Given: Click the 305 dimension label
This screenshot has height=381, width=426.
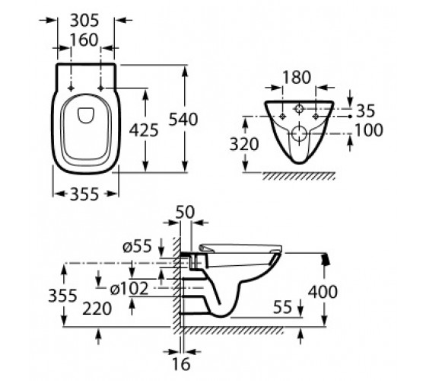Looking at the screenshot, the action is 84,21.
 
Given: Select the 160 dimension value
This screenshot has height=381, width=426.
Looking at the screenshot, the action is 84,40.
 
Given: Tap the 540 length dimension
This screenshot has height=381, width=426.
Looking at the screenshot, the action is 183,119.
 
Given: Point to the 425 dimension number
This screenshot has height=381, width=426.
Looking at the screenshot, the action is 144,130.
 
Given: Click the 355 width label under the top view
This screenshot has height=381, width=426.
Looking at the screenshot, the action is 84,194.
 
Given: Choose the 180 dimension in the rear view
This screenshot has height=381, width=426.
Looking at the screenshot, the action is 297,77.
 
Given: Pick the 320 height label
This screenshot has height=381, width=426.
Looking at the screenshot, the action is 244,144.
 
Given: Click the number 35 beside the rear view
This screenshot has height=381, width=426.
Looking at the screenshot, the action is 365,110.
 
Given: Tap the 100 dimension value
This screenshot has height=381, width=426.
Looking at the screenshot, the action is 369,130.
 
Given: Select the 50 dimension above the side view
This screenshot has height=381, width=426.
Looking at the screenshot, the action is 185,212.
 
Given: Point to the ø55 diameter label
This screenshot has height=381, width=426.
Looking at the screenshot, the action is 137,247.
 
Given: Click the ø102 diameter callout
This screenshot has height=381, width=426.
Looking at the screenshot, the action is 129,289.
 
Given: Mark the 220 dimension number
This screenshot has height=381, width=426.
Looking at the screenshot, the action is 97,309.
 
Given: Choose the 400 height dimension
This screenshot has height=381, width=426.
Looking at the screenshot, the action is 323,291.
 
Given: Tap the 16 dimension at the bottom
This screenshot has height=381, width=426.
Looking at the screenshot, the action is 181,363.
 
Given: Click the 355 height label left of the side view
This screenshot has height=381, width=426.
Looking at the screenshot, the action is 62,296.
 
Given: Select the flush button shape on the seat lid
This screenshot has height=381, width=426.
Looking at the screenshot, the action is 86,116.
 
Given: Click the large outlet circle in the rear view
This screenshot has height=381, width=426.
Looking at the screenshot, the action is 299,133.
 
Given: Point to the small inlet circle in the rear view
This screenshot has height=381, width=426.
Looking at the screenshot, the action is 299,109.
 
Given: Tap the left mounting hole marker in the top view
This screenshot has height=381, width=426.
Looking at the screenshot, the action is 72,88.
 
